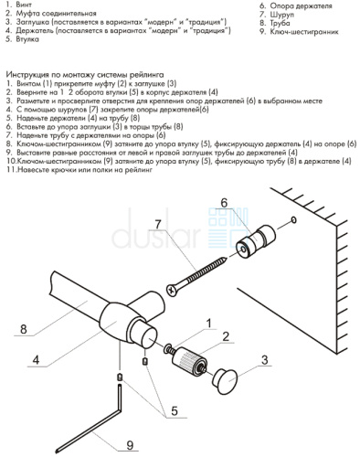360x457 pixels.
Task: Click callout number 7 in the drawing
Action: pyautogui.click(x=158, y=225)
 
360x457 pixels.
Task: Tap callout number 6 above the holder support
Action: pyautogui.click(x=224, y=203)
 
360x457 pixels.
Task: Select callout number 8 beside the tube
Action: pyautogui.click(x=24, y=329)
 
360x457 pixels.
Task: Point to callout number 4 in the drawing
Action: pyautogui.click(x=36, y=360)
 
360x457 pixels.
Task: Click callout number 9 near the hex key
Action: pyautogui.click(x=130, y=445)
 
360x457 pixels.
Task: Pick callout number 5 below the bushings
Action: pyautogui.click(x=175, y=410)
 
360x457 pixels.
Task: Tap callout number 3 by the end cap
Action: pyautogui.click(x=265, y=360)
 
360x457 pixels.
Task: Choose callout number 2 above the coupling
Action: pyautogui.click(x=226, y=336)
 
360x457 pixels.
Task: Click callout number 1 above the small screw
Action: pyautogui.click(x=209, y=324)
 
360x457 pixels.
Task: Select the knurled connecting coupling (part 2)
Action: pyautogui.click(x=189, y=361)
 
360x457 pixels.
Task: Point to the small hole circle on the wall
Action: pyautogui.click(x=293, y=219)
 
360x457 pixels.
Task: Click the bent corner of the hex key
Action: pyautogui.click(x=120, y=410)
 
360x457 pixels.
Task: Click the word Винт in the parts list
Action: pyautogui.click(x=24, y=5)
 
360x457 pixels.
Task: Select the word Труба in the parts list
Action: pyautogui.click(x=280, y=23)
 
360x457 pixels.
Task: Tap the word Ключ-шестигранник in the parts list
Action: pyautogui.click(x=304, y=32)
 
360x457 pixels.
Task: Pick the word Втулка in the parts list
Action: pyautogui.click(x=27, y=39)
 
